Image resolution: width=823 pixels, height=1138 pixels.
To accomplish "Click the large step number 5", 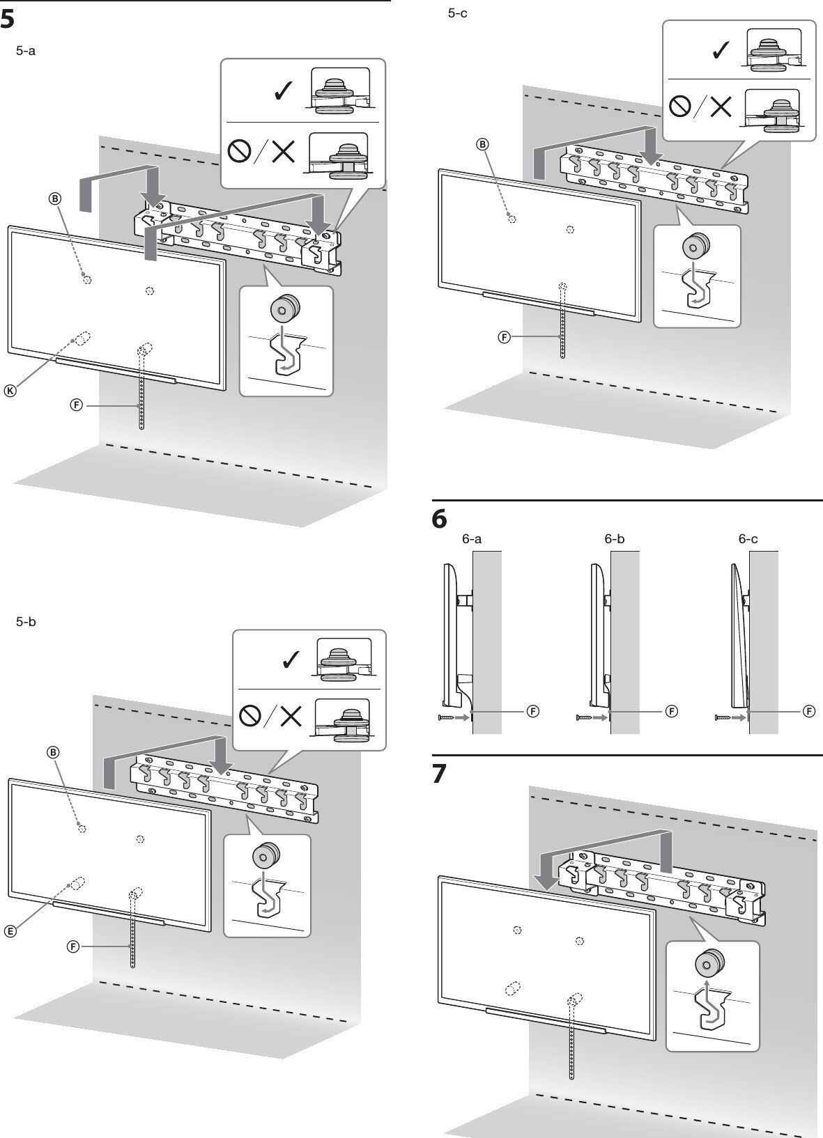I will pos(8,19).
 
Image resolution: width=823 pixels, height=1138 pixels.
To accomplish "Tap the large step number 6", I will pos(440,520).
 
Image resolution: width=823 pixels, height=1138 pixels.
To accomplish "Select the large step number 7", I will pos(440,774).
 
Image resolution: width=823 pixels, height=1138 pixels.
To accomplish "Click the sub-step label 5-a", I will pos(25,52).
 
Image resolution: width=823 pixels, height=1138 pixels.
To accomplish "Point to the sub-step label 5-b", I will pos(26,621).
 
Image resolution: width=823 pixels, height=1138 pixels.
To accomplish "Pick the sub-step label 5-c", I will pos(458,13).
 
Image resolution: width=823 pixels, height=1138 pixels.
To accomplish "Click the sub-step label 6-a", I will pos(472,538).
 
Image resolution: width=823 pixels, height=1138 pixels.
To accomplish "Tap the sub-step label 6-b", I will pos(614,538).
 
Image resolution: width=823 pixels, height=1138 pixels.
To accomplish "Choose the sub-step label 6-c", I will pos(748,538).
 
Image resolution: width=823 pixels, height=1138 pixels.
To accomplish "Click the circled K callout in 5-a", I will pos(10,391).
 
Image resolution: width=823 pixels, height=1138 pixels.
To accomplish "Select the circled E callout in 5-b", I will pos(11,931).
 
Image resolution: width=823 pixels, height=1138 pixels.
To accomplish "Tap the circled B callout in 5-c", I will pos(482,144).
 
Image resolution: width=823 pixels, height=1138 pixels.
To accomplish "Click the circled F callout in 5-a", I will pos(77,404).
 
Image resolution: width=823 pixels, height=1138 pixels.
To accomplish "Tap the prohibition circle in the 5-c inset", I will pos(679,106).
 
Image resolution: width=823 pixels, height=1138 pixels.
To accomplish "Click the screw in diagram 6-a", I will pos(446,717).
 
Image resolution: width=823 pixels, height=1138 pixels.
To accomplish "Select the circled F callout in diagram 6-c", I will pos(809,711).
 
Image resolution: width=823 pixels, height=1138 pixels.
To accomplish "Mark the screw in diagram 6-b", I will pos(585,717).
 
